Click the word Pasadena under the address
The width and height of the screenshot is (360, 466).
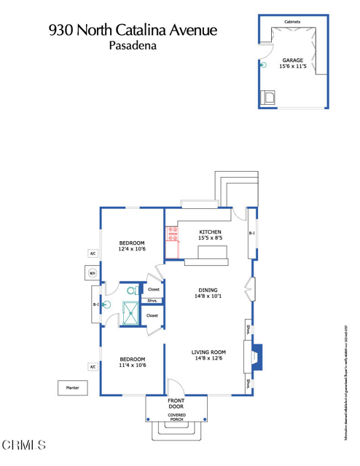point(133,45)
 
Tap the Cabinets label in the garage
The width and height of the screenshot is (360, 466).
point(292,22)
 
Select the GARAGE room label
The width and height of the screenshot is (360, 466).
point(294,60)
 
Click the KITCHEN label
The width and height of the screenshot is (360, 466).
point(210,232)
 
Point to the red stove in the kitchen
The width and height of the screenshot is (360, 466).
point(173,233)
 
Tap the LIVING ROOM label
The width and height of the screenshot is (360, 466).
point(208,352)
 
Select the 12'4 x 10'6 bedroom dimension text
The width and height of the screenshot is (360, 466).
point(132,249)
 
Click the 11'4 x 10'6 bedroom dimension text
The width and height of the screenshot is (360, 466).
point(132,365)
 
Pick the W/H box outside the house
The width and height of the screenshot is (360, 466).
point(93,273)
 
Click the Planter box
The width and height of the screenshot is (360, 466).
point(71,388)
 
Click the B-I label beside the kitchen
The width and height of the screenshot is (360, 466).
point(251,234)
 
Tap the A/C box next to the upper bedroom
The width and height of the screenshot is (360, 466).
point(93,253)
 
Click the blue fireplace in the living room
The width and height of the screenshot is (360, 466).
point(257,356)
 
